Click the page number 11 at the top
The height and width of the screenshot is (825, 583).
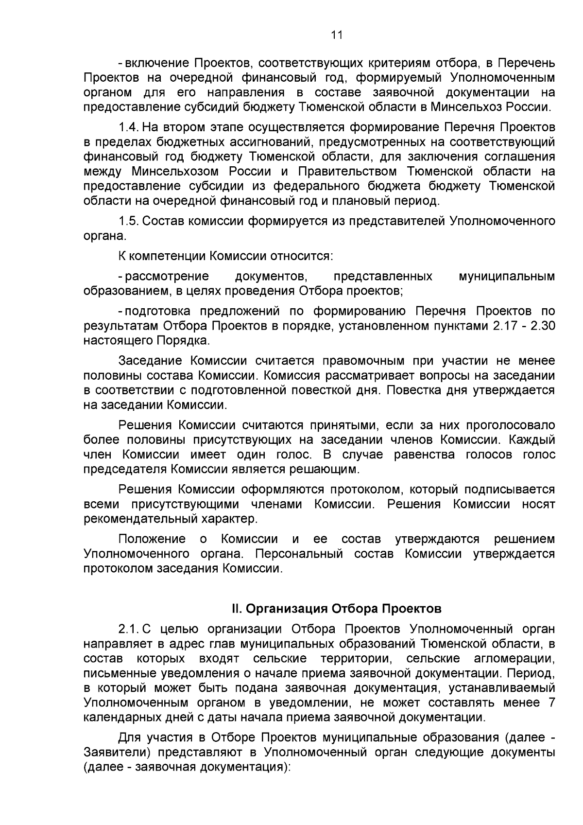click(x=337, y=35)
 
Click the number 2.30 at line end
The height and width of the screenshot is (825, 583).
click(x=543, y=326)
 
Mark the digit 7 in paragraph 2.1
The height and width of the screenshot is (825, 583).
click(x=551, y=702)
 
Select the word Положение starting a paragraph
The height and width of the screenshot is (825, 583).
click(x=152, y=539)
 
